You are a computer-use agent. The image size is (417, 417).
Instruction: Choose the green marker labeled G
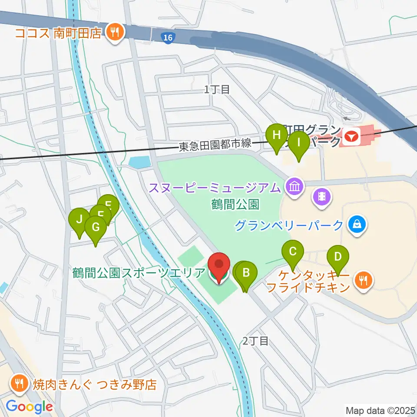[x=96, y=227]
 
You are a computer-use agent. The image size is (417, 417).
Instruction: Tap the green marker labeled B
[x=246, y=273]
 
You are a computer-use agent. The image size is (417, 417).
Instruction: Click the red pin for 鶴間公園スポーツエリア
[x=218, y=265]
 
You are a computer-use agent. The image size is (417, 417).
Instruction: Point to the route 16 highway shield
[x=169, y=38]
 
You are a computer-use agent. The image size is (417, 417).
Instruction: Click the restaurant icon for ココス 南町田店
[x=115, y=33]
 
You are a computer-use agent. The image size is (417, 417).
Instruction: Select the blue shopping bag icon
[x=357, y=225]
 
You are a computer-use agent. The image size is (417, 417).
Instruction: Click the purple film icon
[x=322, y=197]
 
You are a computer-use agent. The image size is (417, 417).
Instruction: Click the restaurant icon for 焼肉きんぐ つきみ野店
[x=19, y=383]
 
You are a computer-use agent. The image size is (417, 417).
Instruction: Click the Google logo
[x=30, y=407]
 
